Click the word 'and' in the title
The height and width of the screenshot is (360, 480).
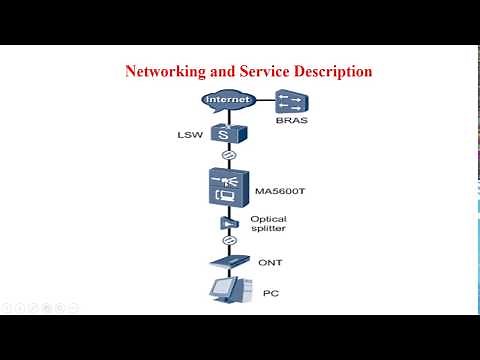coord(222,72)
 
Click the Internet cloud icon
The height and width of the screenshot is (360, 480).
coord(228,101)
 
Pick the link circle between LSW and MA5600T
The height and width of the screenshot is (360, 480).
coord(228,156)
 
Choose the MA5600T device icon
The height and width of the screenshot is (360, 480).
coord(228,188)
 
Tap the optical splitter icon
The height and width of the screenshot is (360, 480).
coord(228,223)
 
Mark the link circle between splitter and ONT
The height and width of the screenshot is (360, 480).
coord(228,241)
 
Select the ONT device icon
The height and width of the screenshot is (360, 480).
coord(228,263)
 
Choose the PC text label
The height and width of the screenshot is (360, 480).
coord(269,294)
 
